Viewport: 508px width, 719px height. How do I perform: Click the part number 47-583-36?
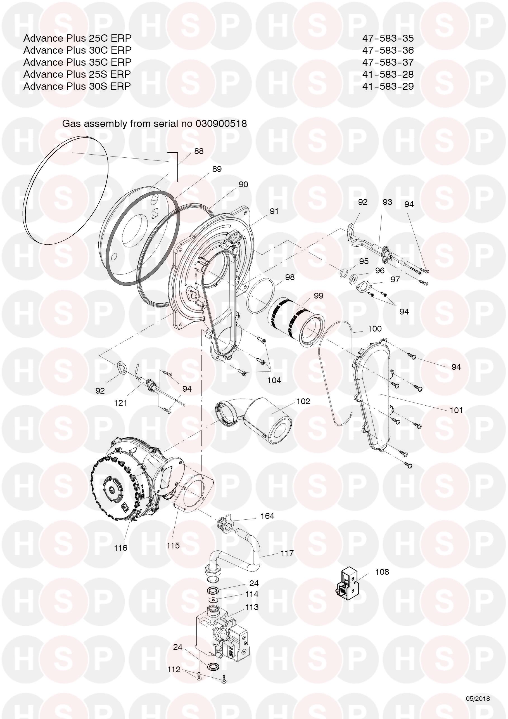[x=388, y=50]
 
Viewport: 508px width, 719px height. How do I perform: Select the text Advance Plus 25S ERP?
[x=77, y=74]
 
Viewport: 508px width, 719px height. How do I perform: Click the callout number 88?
[x=199, y=151]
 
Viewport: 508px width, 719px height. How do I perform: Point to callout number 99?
[x=318, y=295]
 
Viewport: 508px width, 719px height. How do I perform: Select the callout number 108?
[x=382, y=572]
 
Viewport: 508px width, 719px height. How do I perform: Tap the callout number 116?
[x=120, y=548]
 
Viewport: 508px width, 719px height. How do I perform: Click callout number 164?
[x=267, y=516]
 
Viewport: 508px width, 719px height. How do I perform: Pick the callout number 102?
[x=303, y=401]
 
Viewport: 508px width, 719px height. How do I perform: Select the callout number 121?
[x=120, y=403]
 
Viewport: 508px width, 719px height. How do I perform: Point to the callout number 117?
[x=287, y=553]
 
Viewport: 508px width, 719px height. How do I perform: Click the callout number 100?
[x=375, y=328]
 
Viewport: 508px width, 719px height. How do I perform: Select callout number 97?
[x=395, y=279]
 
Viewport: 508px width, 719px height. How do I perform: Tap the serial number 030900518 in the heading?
[x=221, y=124]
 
